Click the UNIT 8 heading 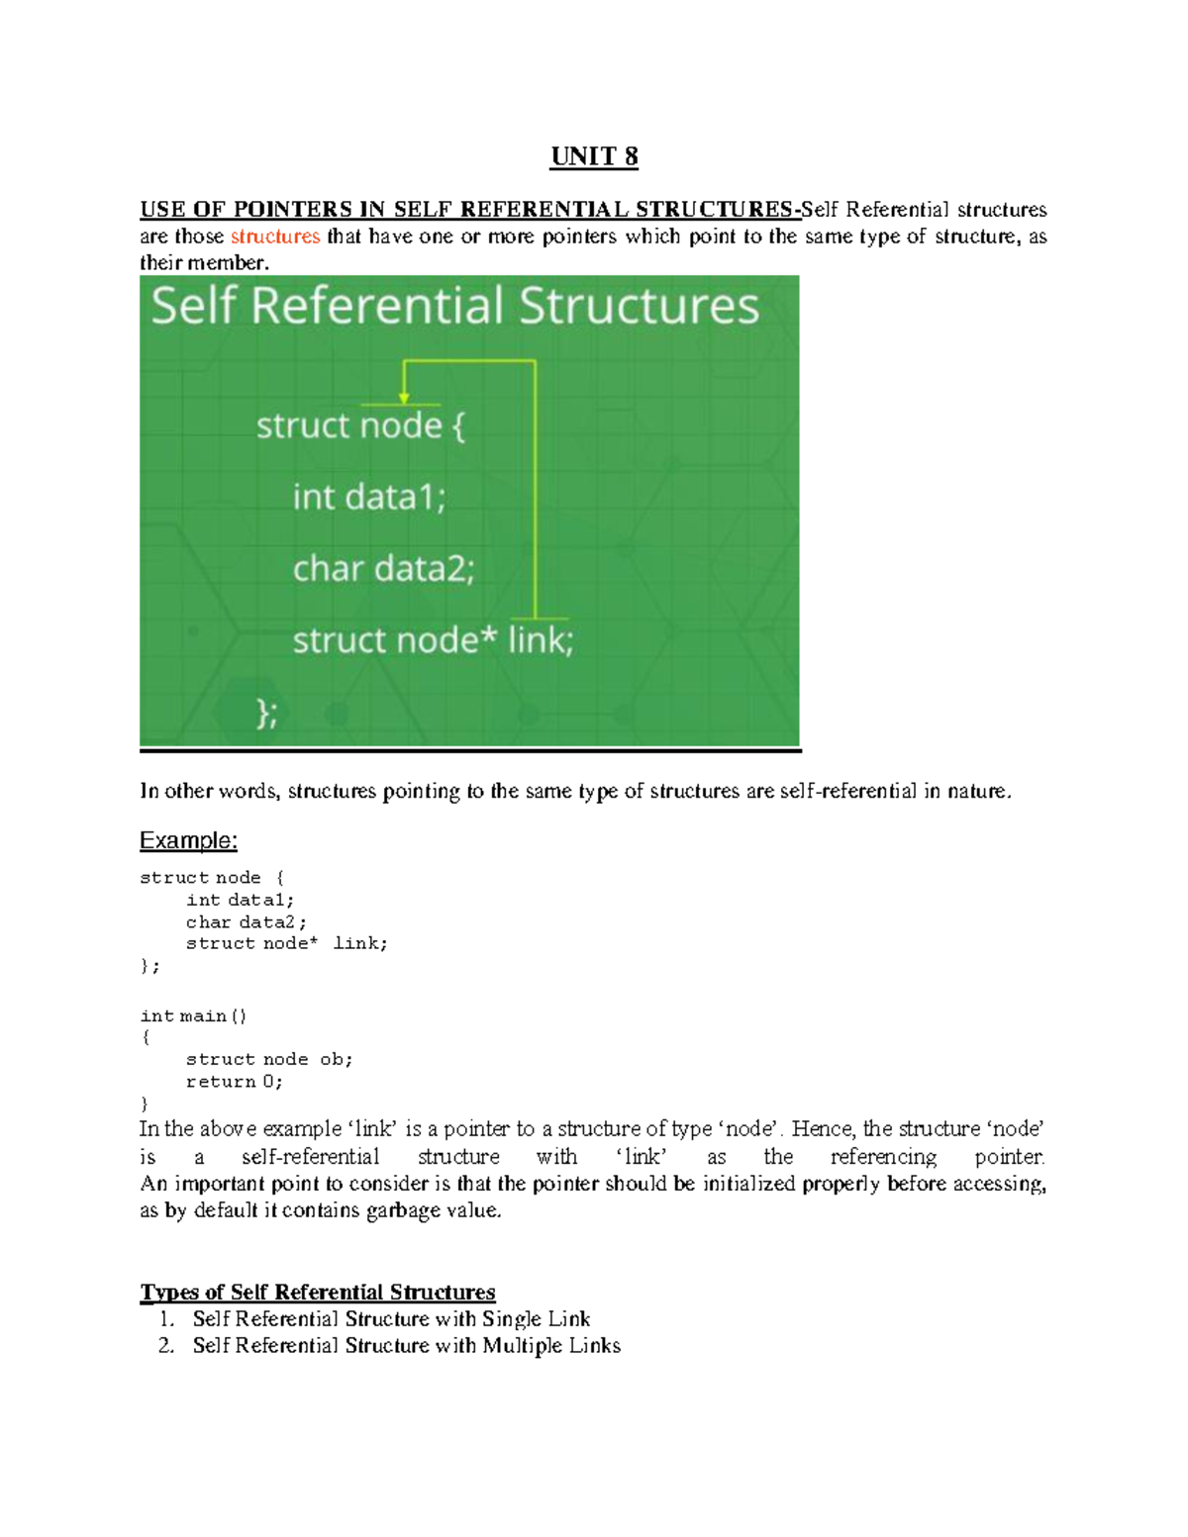click(x=594, y=156)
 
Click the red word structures click(x=275, y=237)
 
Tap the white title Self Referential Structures click(x=454, y=305)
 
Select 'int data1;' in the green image click(x=369, y=497)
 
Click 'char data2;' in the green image click(x=383, y=569)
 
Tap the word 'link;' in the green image click(x=541, y=640)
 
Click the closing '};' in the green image click(x=267, y=713)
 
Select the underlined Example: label click(x=188, y=840)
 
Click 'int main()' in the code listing click(x=193, y=1016)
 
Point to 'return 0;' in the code click(x=235, y=1082)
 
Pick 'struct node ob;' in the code click(x=269, y=1060)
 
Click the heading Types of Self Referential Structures click(x=318, y=1293)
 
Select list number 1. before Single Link click(x=166, y=1319)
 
